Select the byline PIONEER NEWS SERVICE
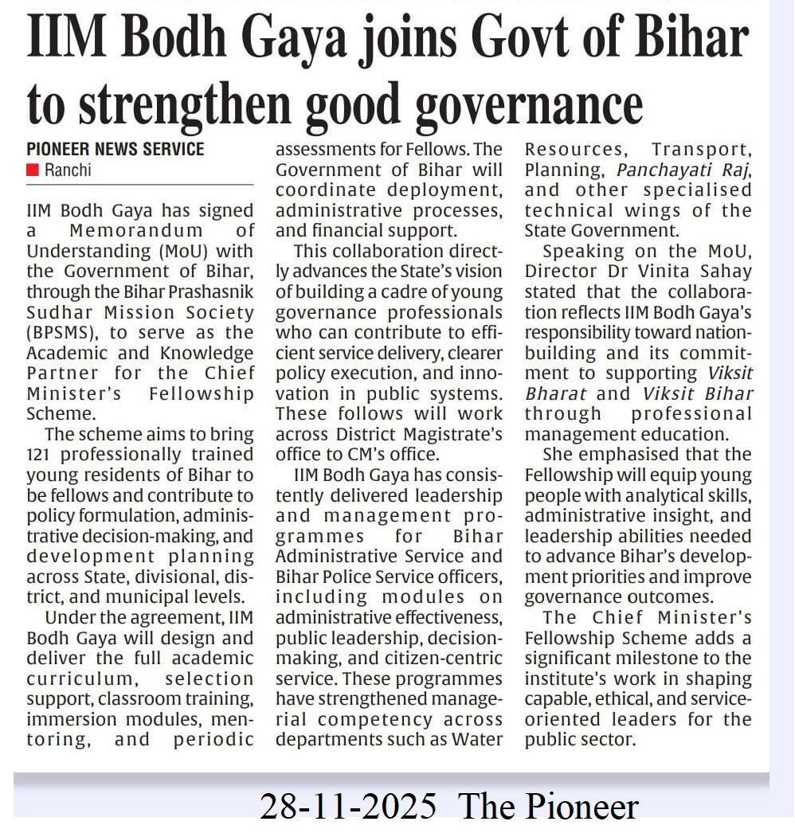pos(116,149)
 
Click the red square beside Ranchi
pos(32,170)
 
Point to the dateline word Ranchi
pos(69,170)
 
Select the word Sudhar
pos(57,311)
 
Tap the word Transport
pos(701,150)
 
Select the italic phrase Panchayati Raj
pos(683,170)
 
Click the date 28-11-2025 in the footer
pos(347,806)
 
